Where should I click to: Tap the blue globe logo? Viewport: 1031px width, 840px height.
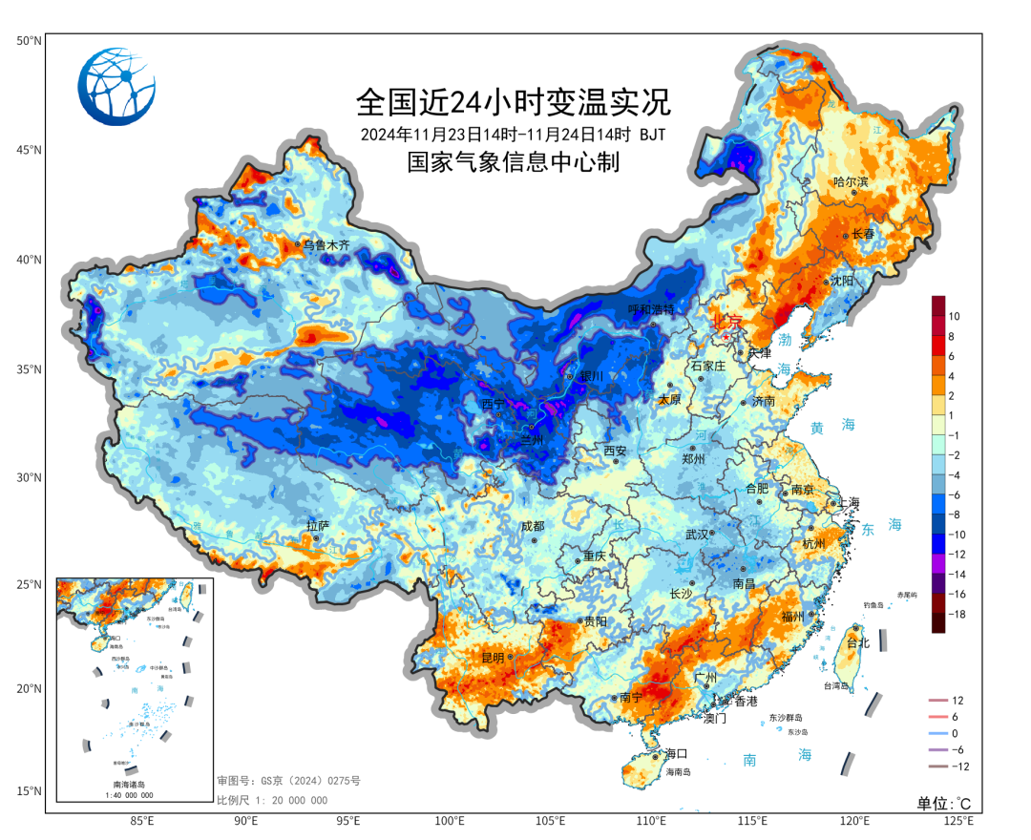(x=116, y=87)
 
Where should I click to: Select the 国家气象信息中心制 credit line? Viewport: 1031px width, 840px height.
(x=514, y=163)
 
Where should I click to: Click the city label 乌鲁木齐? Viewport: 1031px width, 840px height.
(x=326, y=245)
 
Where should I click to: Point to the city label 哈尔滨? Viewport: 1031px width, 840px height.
(x=852, y=181)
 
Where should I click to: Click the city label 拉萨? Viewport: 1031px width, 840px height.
(x=317, y=526)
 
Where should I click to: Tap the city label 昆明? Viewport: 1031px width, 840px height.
(x=493, y=658)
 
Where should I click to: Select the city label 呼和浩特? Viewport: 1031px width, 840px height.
(x=651, y=310)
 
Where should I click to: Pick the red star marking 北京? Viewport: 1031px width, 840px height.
(x=726, y=336)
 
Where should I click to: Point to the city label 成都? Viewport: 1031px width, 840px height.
(x=532, y=526)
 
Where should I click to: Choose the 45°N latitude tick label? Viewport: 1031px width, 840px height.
(x=29, y=150)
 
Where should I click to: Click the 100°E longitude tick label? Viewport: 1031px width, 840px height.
(x=450, y=821)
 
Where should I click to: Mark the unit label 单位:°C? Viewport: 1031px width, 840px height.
(x=944, y=803)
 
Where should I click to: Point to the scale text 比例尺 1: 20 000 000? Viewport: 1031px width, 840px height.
(x=272, y=800)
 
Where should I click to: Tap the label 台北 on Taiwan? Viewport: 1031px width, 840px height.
(x=858, y=643)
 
